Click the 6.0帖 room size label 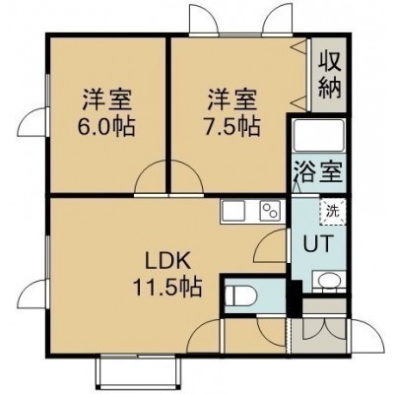pyautogui.click(x=106, y=127)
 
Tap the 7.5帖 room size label pyautogui.click(x=232, y=127)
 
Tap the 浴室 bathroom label pyautogui.click(x=318, y=171)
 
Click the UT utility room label pyautogui.click(x=318, y=243)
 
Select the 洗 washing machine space pyautogui.click(x=332, y=212)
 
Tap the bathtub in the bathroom pyautogui.click(x=318, y=136)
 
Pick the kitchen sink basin pyautogui.click(x=233, y=210)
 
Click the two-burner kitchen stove pyautogui.click(x=271, y=210)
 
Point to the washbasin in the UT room pyautogui.click(x=328, y=281)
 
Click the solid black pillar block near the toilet pyautogui.click(x=295, y=298)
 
